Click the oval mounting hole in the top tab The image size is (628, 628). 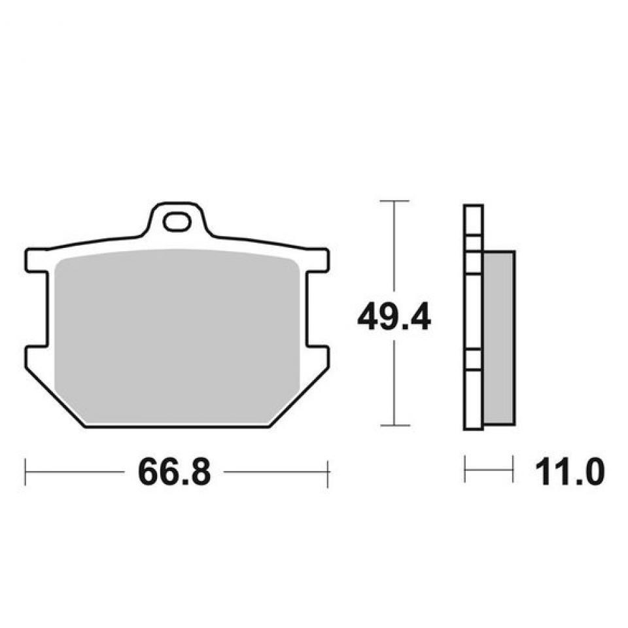click(x=176, y=223)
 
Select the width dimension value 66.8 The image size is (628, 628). click(x=174, y=472)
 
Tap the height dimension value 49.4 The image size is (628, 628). click(x=394, y=319)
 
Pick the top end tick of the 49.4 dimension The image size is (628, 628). click(x=394, y=200)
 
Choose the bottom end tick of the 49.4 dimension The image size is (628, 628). click(x=394, y=425)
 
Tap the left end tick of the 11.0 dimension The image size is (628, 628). click(x=464, y=469)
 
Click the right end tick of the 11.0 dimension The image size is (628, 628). click(x=512, y=469)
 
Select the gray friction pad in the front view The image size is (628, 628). click(x=177, y=337)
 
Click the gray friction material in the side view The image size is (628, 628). click(x=498, y=337)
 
